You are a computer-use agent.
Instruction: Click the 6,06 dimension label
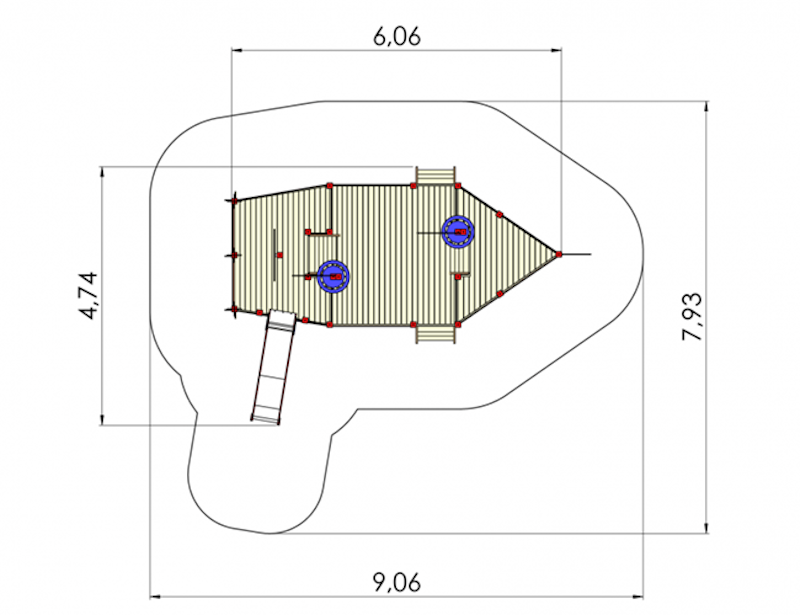click(397, 36)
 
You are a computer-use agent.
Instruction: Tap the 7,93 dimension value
click(693, 317)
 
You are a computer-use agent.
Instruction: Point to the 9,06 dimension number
click(397, 582)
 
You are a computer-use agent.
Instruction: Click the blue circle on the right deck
click(458, 232)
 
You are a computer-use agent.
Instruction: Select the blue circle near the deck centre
click(333, 276)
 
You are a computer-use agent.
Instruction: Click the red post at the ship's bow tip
click(559, 254)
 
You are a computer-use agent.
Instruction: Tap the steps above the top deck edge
click(435, 176)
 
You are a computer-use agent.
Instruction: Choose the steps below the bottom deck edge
click(435, 334)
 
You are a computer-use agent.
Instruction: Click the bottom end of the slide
click(265, 420)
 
